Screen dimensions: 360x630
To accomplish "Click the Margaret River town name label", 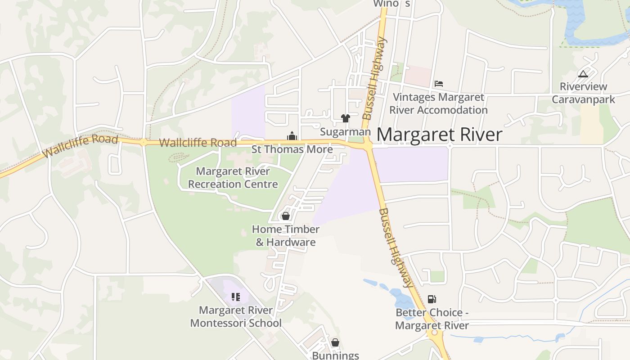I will pyautogui.click(x=439, y=135).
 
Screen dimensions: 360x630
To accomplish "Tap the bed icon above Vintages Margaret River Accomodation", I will pyautogui.click(x=439, y=84).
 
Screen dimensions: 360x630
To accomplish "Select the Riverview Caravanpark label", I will pyautogui.click(x=583, y=93).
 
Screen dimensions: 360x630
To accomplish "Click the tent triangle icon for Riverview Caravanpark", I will pyautogui.click(x=583, y=74).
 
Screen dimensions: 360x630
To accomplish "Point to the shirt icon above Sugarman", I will pyautogui.click(x=345, y=118).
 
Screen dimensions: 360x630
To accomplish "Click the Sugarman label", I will pyautogui.click(x=345, y=132).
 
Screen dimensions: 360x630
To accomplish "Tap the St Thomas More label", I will pyautogui.click(x=292, y=149).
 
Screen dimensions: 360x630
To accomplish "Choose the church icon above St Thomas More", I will pyautogui.click(x=292, y=136).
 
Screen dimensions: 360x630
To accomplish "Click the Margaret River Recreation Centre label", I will pyautogui.click(x=233, y=178).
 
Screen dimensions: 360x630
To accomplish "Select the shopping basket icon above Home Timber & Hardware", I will pyautogui.click(x=285, y=216).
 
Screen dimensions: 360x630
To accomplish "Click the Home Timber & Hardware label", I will pyautogui.click(x=286, y=236).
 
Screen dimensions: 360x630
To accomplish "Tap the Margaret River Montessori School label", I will pyautogui.click(x=236, y=317).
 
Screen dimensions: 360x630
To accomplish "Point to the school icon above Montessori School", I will pyautogui.click(x=236, y=297).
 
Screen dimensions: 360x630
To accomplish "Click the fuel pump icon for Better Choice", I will pyautogui.click(x=432, y=299).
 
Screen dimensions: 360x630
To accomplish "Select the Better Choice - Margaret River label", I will pyautogui.click(x=432, y=319).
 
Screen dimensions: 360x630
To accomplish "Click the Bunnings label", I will pyautogui.click(x=335, y=355).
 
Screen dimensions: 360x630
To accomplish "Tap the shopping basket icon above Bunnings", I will pyautogui.click(x=335, y=343).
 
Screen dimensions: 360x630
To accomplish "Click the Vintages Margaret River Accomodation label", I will pyautogui.click(x=438, y=103).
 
